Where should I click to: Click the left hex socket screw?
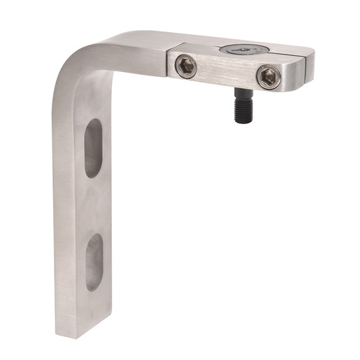(x=186, y=66)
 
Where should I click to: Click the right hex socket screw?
(x=268, y=77)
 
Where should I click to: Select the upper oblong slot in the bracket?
(x=94, y=147)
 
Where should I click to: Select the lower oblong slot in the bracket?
(x=94, y=261)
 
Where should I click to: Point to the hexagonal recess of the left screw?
(x=186, y=66)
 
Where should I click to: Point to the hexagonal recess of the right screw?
(x=268, y=77)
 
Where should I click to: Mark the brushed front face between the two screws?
(x=226, y=72)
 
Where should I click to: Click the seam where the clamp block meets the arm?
(x=168, y=63)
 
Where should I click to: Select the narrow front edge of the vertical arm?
(x=63, y=210)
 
